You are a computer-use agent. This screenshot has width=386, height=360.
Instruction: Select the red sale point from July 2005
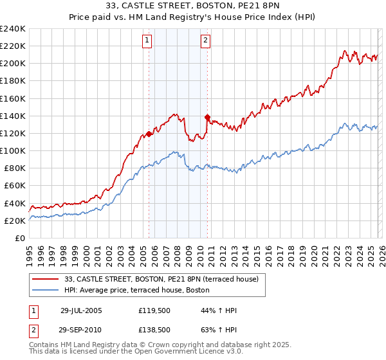click(149, 134)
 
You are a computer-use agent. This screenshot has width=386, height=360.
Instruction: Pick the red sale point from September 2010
click(207, 117)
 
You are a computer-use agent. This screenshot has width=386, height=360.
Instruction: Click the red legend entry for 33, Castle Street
click(161, 279)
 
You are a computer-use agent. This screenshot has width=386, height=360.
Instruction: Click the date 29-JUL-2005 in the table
click(81, 310)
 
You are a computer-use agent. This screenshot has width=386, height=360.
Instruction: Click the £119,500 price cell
click(154, 310)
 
